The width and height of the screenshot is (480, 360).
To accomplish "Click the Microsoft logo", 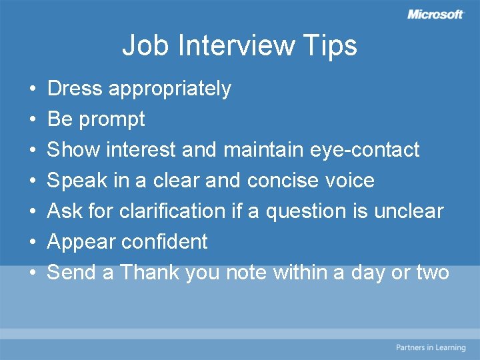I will coord(435,14).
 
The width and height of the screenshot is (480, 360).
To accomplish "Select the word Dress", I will coord(75,88).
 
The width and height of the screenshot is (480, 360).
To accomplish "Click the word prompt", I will coord(111,120).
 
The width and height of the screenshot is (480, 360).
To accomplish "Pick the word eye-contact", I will coord(365,150).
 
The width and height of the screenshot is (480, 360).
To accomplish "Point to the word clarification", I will coord(173,211).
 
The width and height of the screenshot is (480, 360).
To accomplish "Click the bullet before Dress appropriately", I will coord(32,89).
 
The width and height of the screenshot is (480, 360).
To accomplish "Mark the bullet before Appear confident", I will coord(32,242).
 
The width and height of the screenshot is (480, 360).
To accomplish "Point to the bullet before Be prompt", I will coord(32,119).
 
